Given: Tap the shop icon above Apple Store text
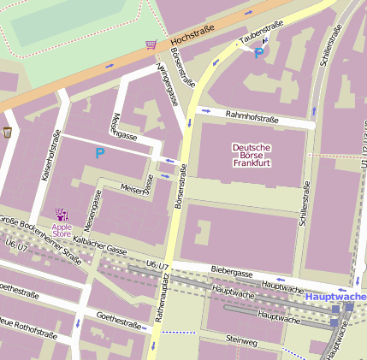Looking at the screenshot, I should pyautogui.click(x=61, y=213).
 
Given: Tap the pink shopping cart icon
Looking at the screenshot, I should pyautogui.click(x=151, y=44).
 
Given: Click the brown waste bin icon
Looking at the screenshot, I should pyautogui.click(x=8, y=132).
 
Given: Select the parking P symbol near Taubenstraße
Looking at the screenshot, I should pyautogui.click(x=258, y=53).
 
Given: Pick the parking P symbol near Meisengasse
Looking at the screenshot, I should pyautogui.click(x=99, y=154).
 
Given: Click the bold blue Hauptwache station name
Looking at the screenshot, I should pyautogui.click(x=334, y=296).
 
